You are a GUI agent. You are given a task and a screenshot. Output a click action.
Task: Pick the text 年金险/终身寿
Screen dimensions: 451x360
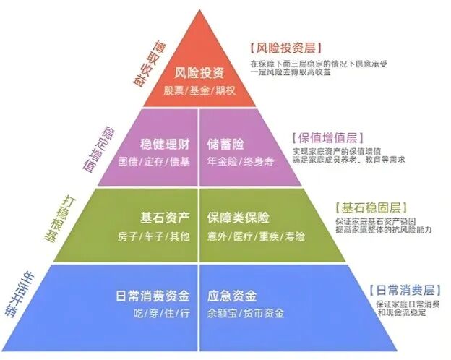pyautogui.click(x=238, y=161)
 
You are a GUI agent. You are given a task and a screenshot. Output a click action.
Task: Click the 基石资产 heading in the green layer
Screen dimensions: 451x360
pyautogui.click(x=165, y=217)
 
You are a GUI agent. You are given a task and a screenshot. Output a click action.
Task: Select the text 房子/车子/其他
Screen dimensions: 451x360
pyautogui.click(x=154, y=236)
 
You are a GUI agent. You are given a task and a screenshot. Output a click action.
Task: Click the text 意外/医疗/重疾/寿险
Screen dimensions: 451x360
pyautogui.click(x=256, y=236)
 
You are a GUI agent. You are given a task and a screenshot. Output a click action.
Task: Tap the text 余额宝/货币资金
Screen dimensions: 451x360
pyautogui.click(x=245, y=313)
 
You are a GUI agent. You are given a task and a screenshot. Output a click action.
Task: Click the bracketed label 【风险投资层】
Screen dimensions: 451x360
pyautogui.click(x=283, y=48)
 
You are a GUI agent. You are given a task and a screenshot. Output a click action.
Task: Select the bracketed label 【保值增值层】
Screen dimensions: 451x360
pyautogui.click(x=325, y=137)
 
